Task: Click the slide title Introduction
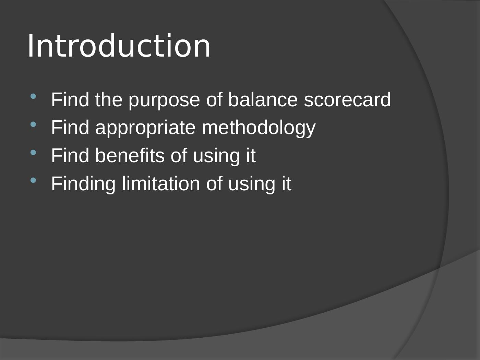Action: (x=119, y=46)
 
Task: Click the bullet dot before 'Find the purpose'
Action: (x=33, y=96)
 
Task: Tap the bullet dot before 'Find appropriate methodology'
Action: (x=33, y=124)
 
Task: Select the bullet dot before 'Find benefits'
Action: (x=33, y=152)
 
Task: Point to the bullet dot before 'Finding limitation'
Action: (x=33, y=180)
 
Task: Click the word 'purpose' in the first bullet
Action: (x=164, y=101)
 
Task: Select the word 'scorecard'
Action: (x=347, y=99)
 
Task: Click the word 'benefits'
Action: (x=130, y=155)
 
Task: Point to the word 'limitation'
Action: (x=161, y=183)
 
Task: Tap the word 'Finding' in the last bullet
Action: (x=83, y=185)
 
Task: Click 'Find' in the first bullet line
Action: (x=70, y=99)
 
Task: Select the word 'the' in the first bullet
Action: (x=109, y=99)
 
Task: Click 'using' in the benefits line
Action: (x=216, y=157)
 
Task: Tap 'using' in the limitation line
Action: (x=252, y=185)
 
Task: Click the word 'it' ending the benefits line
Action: (x=251, y=155)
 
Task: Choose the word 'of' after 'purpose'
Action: (x=214, y=99)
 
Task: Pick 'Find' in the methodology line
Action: (x=70, y=128)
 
